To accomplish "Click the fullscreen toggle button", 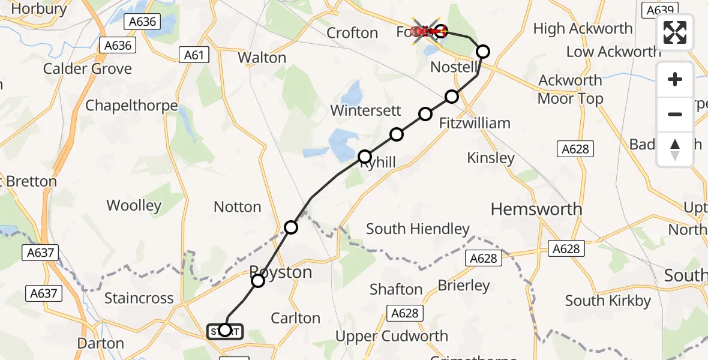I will point(675,32).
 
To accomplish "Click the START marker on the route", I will point(225,331).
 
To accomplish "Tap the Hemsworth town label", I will point(536,209).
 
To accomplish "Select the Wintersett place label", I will point(364,110).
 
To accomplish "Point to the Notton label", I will point(238,207).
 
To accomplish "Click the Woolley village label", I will point(134,206).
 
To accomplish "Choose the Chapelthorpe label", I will point(131,106).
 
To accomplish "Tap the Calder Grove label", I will point(88,69).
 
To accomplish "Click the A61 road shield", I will point(194,56).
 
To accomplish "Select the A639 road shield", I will point(659,10).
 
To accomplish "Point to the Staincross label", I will point(139,298).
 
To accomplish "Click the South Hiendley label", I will point(418,229).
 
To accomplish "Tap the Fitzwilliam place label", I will point(475,124).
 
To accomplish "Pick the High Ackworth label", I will point(583,29).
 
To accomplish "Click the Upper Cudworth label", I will point(391,336).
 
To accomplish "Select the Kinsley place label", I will point(491,158).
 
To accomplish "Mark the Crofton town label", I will point(352,33).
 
